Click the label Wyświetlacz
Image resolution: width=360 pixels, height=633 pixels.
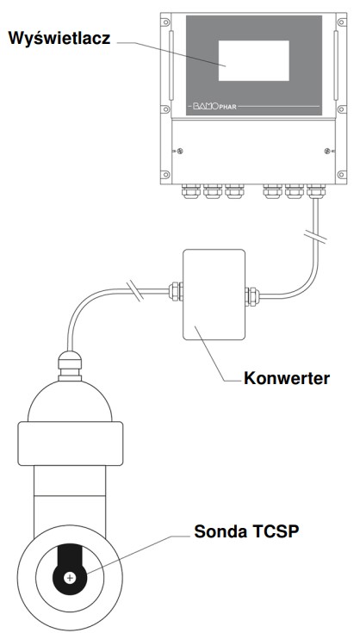(59, 39)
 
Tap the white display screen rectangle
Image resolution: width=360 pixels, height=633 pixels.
(253, 60)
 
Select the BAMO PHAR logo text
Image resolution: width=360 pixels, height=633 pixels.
(214, 107)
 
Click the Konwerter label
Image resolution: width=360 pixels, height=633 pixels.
(287, 378)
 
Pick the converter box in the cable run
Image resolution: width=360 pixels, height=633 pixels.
(214, 295)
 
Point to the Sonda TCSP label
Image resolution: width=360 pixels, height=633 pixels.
(246, 531)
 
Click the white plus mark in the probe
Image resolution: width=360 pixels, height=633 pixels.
(71, 578)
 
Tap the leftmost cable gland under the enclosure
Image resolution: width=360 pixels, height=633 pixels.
(191, 191)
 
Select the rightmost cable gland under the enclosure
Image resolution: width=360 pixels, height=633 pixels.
(316, 191)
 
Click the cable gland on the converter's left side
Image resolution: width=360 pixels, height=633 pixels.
(175, 291)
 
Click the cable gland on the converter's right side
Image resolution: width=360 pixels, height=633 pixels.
(252, 296)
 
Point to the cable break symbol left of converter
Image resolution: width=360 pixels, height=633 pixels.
(135, 291)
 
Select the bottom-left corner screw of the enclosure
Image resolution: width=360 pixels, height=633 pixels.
(165, 175)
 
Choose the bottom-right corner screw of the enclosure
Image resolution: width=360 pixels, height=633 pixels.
(341, 175)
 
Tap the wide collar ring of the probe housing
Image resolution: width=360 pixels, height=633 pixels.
(71, 444)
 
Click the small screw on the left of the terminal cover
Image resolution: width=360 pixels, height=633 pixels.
(180, 151)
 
